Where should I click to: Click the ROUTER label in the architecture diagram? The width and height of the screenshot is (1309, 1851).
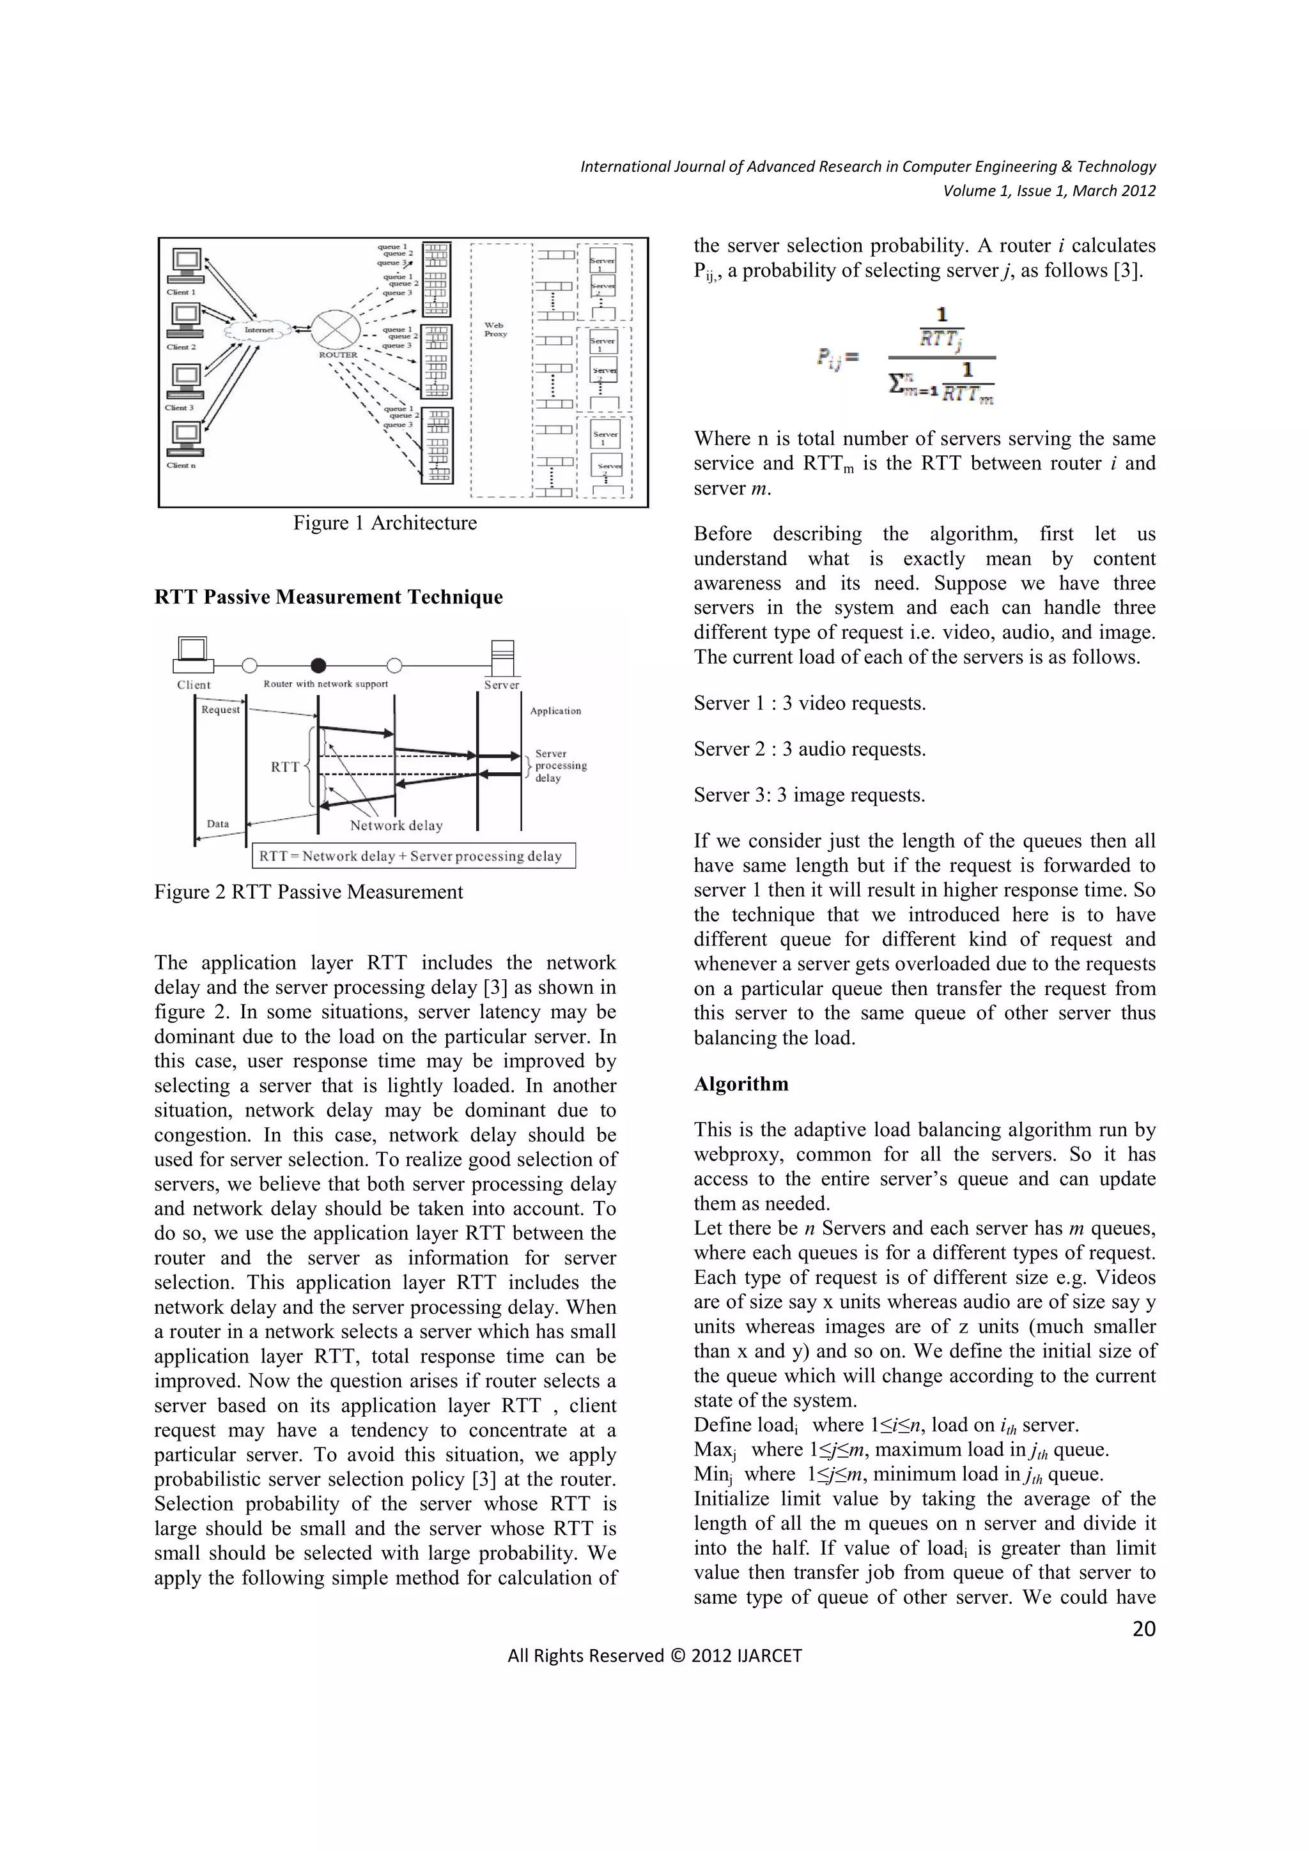[x=338, y=354]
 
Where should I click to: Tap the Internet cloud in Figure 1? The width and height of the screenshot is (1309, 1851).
[x=259, y=330]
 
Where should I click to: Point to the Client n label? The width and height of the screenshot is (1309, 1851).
[x=181, y=465]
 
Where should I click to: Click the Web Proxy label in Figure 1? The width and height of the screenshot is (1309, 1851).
[x=495, y=330]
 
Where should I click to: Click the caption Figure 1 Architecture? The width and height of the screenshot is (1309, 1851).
[x=385, y=523]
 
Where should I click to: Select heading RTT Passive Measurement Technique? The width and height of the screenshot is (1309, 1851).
[x=329, y=597]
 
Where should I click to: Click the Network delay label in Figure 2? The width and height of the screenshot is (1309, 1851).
[x=396, y=825]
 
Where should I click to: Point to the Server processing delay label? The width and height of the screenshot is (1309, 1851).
[x=560, y=766]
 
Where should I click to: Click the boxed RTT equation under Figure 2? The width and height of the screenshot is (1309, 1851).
[x=414, y=856]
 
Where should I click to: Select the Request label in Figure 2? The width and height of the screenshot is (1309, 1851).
[x=220, y=710]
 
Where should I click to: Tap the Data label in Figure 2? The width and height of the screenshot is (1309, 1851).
[x=218, y=824]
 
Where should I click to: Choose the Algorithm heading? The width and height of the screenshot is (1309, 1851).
[x=741, y=1085]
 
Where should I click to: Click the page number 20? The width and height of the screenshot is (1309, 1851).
[x=1143, y=1629]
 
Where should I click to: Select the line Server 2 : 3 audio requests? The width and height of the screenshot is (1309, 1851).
[x=809, y=750]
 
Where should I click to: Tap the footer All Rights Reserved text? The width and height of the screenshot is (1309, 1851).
[x=654, y=1656]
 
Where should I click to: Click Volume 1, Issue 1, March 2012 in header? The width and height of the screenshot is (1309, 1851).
[x=1050, y=191]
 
